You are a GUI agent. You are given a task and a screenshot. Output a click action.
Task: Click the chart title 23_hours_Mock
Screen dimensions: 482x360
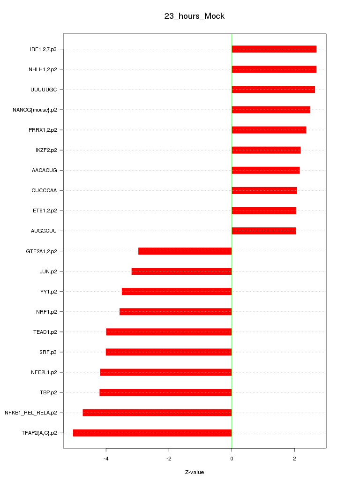[194, 16]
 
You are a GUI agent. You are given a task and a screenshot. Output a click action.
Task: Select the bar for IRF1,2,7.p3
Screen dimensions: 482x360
[274, 49]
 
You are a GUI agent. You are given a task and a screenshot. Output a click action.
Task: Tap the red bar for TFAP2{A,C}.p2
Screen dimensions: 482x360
[152, 433]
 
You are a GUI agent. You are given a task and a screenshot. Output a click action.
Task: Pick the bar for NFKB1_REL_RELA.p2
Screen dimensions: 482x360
[157, 413]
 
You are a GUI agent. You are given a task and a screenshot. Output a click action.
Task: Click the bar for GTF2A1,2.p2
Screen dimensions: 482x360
[185, 251]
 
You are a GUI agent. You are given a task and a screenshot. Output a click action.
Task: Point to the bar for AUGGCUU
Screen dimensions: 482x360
[263, 231]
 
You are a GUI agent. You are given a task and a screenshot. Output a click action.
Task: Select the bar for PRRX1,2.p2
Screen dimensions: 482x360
[269, 130]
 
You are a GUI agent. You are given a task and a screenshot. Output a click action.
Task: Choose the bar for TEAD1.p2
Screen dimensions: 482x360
[169, 332]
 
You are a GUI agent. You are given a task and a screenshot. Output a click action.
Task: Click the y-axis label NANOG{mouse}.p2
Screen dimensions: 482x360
[35, 110]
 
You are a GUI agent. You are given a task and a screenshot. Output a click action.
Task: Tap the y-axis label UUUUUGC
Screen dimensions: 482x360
[44, 90]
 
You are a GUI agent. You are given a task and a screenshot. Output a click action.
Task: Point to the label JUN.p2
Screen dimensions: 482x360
[48, 271]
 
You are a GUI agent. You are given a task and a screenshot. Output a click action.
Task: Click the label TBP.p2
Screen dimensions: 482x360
[48, 392]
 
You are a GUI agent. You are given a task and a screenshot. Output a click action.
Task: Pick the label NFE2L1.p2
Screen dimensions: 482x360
[44, 372]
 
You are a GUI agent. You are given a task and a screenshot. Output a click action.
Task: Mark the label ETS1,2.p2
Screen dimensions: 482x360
[45, 211]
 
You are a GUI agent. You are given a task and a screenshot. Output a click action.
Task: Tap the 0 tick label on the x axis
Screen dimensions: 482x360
[232, 458]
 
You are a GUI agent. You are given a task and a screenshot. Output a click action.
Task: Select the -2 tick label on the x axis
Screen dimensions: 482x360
[169, 458]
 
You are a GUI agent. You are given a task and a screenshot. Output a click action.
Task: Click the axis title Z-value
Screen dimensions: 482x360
[195, 472]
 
